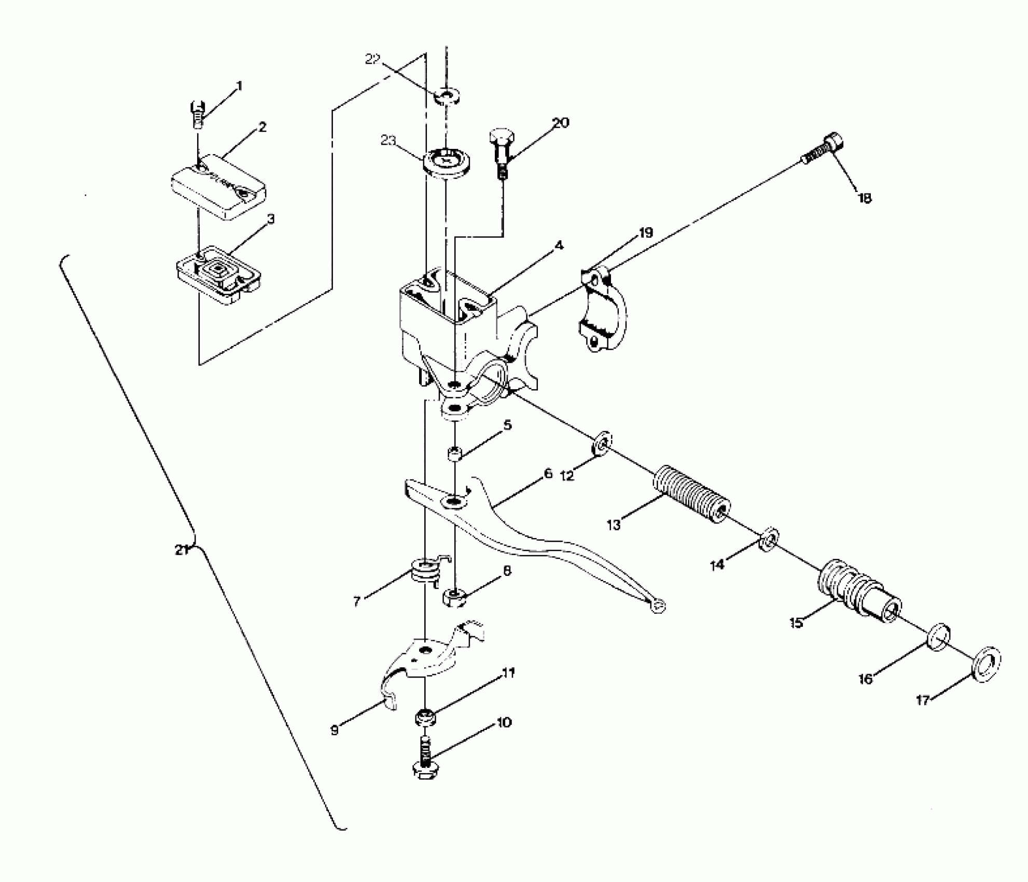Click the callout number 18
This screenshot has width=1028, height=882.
click(864, 198)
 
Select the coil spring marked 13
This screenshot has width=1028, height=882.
click(691, 495)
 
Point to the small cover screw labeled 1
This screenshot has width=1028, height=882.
click(197, 113)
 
